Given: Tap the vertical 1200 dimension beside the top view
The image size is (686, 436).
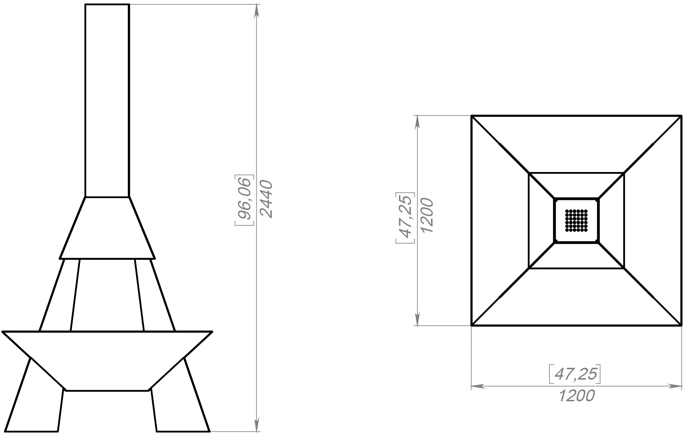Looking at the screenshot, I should tap(427, 216).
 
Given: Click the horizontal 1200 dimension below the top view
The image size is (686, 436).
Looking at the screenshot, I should tap(577, 396).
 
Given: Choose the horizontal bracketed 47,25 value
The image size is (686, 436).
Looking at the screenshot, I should tap(575, 374).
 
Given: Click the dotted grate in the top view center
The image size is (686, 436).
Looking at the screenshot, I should tap(576, 220).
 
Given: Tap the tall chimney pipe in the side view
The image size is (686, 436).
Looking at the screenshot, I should tap(107, 101).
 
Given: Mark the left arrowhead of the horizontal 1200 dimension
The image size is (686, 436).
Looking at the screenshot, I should tap(478, 386).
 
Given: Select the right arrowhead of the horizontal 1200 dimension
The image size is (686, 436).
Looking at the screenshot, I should tap(674, 386).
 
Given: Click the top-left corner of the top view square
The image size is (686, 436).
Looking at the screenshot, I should tap(472, 116).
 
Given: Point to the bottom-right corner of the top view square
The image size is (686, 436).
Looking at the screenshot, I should tap(681, 325).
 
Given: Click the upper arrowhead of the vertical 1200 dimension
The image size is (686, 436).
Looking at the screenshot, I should tap(417, 122).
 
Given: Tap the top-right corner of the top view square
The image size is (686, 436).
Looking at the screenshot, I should tap(681, 116).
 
